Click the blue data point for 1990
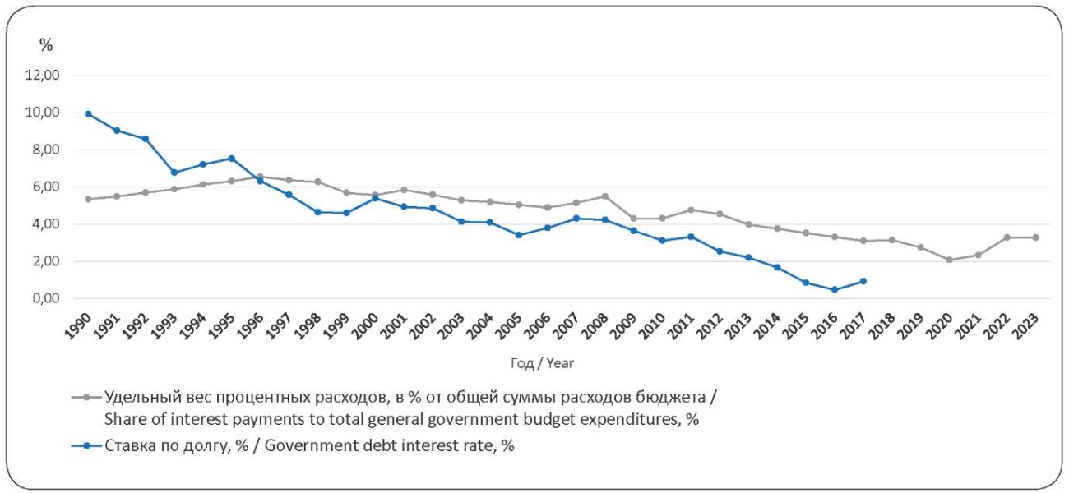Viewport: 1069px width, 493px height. coord(88,114)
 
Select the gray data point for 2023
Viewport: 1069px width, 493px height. coord(1035,237)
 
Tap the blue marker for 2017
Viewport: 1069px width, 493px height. coord(863,281)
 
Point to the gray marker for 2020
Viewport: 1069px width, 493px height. coord(950,260)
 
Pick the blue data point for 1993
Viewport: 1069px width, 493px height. coord(174,173)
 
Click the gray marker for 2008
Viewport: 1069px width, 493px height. coord(605,196)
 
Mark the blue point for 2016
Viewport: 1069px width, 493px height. coord(835,289)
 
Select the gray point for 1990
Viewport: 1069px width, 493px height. coord(88,199)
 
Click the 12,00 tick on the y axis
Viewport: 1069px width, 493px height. coord(43,76)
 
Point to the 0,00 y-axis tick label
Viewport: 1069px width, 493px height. coord(45,299)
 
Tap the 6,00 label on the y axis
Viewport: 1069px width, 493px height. coord(45,187)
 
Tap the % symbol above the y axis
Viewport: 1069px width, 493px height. coord(46,45)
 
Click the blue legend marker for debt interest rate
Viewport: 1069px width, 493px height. coord(87,446)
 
